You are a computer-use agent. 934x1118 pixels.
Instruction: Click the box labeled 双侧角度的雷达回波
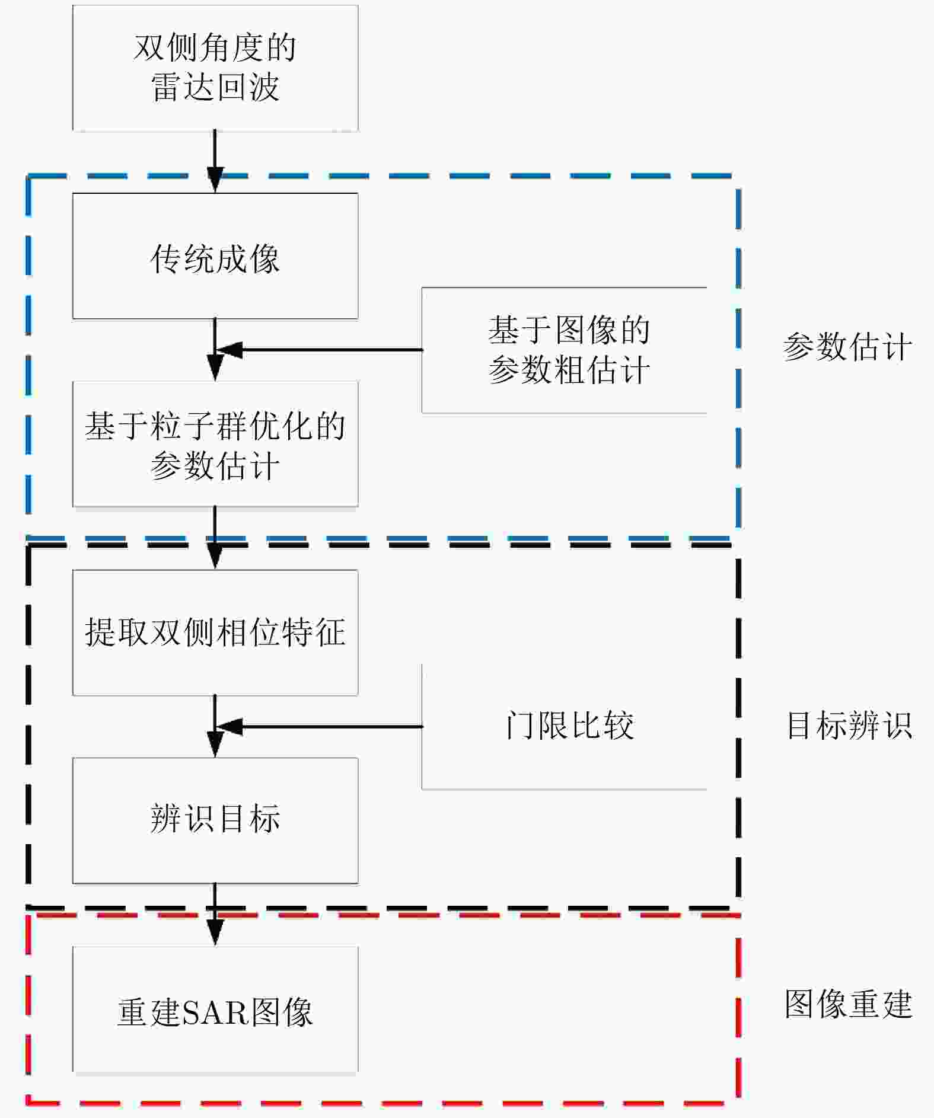[215, 68]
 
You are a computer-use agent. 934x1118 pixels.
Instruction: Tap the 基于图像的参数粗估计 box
[568, 350]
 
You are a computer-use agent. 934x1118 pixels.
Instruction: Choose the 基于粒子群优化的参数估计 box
[215, 444]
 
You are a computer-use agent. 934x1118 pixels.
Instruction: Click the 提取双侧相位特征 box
[215, 633]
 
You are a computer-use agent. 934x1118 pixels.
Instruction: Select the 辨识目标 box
[215, 820]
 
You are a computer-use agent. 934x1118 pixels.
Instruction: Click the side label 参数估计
[847, 347]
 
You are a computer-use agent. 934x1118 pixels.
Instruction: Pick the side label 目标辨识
[849, 726]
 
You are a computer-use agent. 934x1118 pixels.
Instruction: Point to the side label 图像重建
[848, 1004]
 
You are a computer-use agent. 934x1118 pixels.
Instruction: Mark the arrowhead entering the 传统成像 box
[215, 181]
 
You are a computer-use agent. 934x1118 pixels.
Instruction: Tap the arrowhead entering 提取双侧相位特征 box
[215, 558]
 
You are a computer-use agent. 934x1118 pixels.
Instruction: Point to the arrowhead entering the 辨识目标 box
[215, 746]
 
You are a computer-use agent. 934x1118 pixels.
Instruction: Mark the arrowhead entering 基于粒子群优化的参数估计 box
[215, 369]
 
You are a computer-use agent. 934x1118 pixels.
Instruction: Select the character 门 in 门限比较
[519, 726]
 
